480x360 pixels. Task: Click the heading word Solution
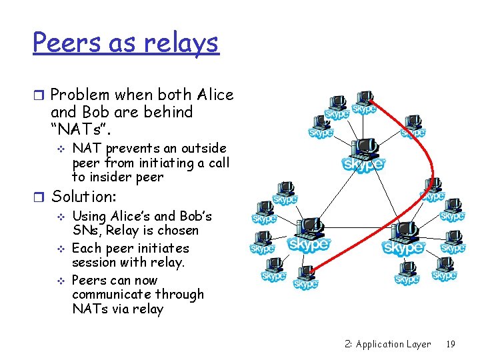pyautogui.click(x=83, y=197)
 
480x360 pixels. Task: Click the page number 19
pyautogui.click(x=451, y=344)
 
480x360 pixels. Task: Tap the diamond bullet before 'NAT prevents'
pyautogui.click(x=61, y=149)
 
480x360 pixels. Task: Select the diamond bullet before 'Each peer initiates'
pyautogui.click(x=61, y=248)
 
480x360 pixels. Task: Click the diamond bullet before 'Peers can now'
pyautogui.click(x=61, y=281)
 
